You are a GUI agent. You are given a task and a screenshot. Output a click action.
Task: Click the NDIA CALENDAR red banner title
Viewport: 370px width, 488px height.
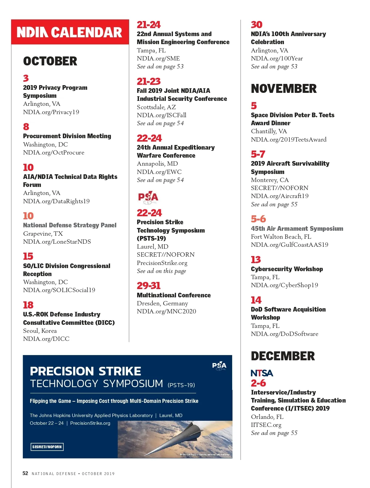coord(69,32)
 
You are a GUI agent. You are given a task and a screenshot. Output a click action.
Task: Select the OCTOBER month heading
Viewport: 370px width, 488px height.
coord(50,61)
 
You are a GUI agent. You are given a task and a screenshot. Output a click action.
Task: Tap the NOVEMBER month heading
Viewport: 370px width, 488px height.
coord(284,89)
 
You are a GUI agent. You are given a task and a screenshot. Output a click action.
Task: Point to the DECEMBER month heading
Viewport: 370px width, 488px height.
coord(283,356)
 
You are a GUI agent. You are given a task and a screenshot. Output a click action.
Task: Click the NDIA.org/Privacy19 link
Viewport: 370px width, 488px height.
coord(51,112)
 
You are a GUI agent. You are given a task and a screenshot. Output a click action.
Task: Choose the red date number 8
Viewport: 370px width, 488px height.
coord(26,126)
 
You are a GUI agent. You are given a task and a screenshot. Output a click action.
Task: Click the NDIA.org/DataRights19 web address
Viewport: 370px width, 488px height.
coord(56,201)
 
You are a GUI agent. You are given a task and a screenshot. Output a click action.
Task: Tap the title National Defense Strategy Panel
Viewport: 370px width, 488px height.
coord(70,225)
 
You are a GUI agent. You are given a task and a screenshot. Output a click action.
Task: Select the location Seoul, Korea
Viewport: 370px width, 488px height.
coord(40,331)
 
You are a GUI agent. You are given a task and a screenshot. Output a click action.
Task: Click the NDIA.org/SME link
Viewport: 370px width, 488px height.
coord(158,58)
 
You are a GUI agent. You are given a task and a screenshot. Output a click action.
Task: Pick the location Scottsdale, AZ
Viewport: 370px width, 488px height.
coord(156,107)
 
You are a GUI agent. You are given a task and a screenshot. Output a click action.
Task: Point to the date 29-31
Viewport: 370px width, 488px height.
coord(149,286)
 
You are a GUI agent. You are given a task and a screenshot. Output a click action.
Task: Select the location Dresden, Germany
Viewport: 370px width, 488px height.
coord(162,303)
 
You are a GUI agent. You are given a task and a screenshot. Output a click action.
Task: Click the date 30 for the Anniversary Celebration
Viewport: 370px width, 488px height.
coord(257,25)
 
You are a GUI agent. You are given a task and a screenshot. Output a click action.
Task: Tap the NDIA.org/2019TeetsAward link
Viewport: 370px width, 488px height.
coord(289,139)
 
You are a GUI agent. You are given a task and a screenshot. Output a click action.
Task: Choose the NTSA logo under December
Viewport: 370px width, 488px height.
coord(262,373)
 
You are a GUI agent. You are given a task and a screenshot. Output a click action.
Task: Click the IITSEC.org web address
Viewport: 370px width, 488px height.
coord(266,425)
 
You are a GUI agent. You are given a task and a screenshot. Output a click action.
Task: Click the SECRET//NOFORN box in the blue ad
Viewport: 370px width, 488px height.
coord(47,447)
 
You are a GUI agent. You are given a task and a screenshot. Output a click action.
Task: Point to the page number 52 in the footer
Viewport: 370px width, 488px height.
coord(25,473)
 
